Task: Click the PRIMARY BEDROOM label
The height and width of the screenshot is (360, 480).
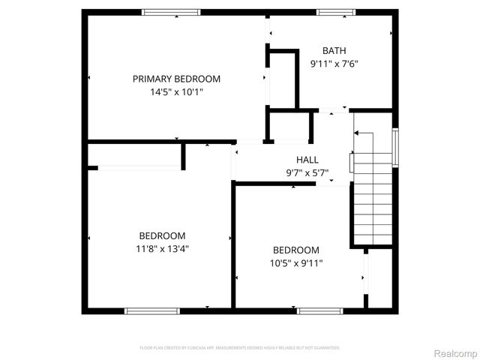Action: coord(176,79)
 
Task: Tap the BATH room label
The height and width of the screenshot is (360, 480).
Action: coord(334,50)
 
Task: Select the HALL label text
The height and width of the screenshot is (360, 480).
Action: coord(307,160)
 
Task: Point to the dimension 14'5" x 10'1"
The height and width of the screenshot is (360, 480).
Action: coord(176,92)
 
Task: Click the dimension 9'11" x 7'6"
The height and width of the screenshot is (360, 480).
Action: coord(334,64)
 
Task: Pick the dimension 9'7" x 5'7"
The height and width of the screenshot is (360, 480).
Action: coord(307,173)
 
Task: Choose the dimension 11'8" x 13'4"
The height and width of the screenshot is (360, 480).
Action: coord(162,249)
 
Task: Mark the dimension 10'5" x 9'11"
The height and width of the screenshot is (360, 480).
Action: coord(295,263)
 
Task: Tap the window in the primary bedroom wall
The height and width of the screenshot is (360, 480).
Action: coord(172,11)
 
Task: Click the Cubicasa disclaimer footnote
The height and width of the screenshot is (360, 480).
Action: coord(240,348)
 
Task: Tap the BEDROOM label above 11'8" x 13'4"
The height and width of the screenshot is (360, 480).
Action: coord(162,235)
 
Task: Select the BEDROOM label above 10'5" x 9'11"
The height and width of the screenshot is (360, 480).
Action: coord(295,250)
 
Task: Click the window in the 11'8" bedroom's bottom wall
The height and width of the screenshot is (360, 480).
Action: coord(152,310)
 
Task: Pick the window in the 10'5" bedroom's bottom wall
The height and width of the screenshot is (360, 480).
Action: coord(319,310)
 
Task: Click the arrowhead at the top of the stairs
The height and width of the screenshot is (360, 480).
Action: coord(357,133)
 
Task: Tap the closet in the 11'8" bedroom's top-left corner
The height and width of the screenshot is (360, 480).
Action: coord(135,155)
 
